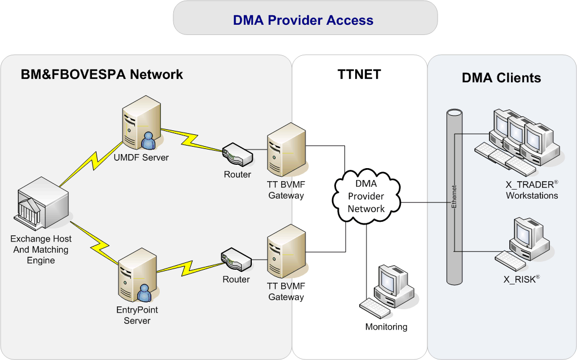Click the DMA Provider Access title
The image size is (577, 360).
coord(303,20)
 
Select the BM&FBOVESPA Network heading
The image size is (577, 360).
coord(102,74)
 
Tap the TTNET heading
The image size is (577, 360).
coord(359,74)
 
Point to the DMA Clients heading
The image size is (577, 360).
coord(501,78)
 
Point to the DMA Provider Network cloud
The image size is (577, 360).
coord(366,196)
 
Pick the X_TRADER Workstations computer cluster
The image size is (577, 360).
coord(515,141)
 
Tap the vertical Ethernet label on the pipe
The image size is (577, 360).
coord(454,196)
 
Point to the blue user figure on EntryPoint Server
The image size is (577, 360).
coord(145,293)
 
